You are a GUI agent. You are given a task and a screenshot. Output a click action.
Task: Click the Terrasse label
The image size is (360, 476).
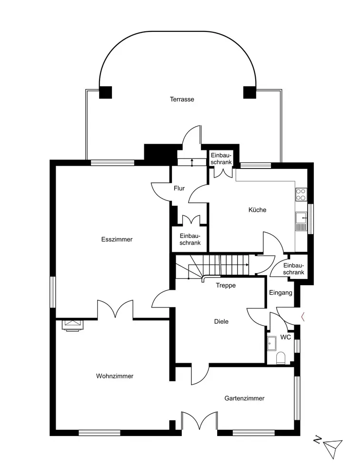pyautogui.click(x=182, y=99)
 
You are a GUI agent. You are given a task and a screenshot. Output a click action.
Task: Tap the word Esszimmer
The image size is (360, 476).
pyautogui.click(x=117, y=239)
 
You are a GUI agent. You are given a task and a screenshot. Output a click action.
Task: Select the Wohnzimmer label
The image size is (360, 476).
pyautogui.click(x=115, y=376)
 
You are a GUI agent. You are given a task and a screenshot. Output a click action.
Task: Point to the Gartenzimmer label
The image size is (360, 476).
pyautogui.click(x=244, y=398)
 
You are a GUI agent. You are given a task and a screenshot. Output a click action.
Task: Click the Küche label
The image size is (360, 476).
pyautogui.click(x=257, y=210)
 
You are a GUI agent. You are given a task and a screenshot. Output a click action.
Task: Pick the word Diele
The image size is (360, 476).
pyautogui.click(x=221, y=322)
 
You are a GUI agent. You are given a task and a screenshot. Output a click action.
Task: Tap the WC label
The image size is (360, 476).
pyautogui.click(x=286, y=337)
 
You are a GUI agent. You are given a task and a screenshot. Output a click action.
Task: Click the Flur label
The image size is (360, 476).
pyautogui.click(x=179, y=188)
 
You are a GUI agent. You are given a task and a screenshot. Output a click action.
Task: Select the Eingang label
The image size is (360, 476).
pyautogui.click(x=280, y=293)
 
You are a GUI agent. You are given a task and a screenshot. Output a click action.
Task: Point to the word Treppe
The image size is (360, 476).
pyautogui.click(x=226, y=286)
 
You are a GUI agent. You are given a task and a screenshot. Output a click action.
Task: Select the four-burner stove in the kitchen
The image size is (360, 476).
pyautogui.click(x=301, y=194)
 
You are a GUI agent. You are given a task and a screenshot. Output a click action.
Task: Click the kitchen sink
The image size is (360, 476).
pyautogui.click(x=300, y=221)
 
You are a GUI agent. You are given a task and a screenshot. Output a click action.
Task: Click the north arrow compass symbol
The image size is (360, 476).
pyautogui.click(x=331, y=447)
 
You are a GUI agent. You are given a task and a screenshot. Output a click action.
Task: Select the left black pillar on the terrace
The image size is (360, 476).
pyautogui.click(x=105, y=92)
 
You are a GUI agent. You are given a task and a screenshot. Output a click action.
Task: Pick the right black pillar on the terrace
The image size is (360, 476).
pyautogui.click(x=250, y=92)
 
